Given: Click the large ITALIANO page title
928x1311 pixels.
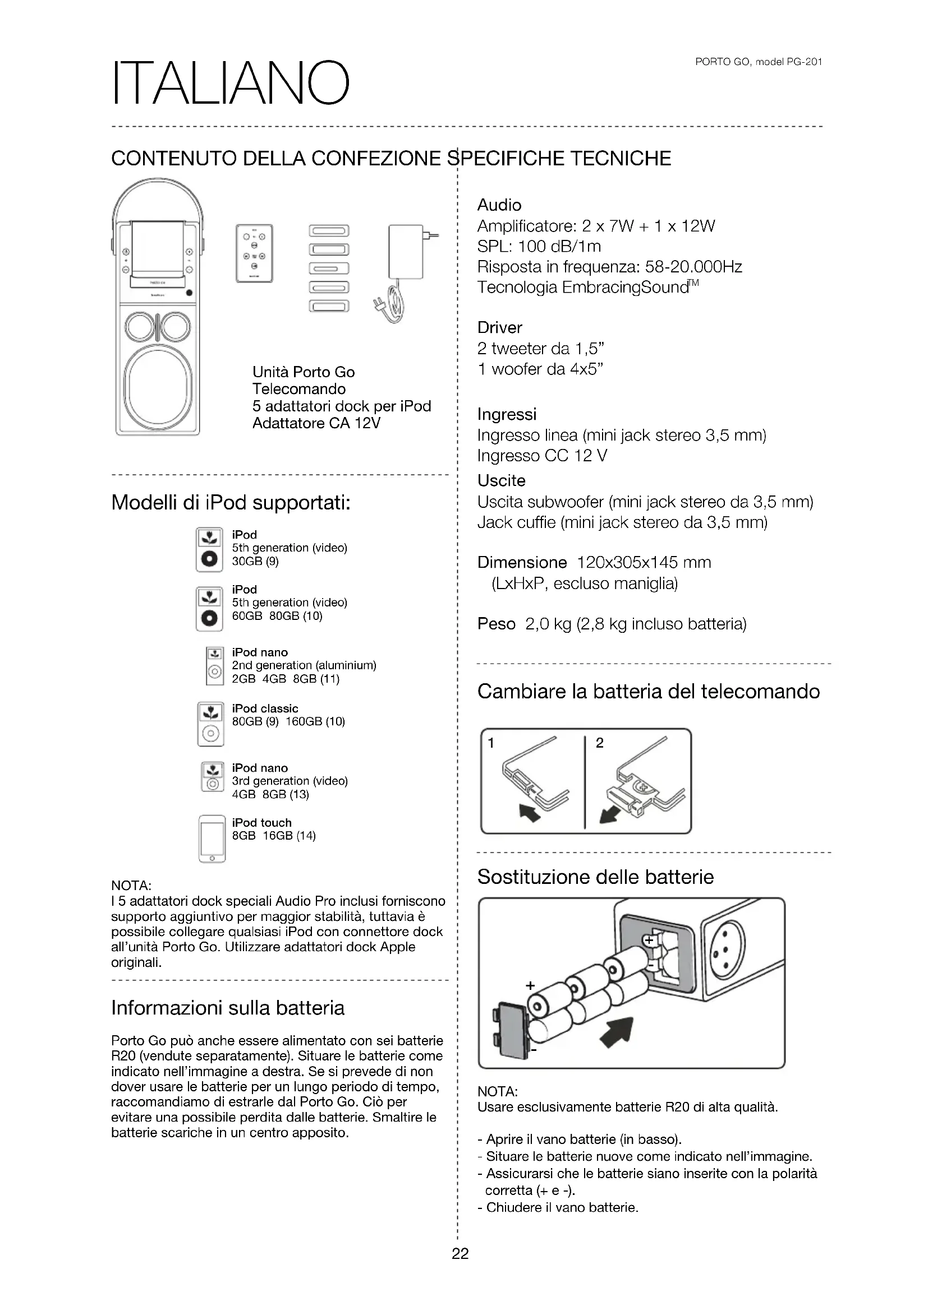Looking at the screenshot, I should pyautogui.click(x=230, y=84).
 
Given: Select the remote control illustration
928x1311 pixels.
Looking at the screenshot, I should pyautogui.click(x=254, y=253).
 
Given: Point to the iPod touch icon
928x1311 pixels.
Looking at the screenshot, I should pyautogui.click(x=212, y=839).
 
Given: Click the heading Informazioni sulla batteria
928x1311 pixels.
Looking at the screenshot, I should pyautogui.click(x=227, y=1008).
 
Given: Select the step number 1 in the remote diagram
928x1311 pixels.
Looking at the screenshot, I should pyautogui.click(x=491, y=743).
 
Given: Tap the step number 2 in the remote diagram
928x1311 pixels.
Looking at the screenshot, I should pyautogui.click(x=599, y=743).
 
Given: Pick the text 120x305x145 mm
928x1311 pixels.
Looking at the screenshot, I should pyautogui.click(x=644, y=563).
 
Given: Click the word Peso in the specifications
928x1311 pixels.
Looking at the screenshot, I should pyautogui.click(x=496, y=624).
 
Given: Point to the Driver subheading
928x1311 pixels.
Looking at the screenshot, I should pyautogui.click(x=499, y=328).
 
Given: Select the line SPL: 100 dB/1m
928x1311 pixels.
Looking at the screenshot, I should pyautogui.click(x=539, y=247).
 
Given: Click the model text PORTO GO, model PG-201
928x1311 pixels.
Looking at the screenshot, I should pyautogui.click(x=759, y=62).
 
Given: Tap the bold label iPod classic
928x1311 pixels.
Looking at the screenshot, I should pyautogui.click(x=265, y=708).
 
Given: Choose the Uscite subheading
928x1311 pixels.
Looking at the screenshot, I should pyautogui.click(x=501, y=481).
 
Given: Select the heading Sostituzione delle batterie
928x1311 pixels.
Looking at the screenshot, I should pyautogui.click(x=595, y=877).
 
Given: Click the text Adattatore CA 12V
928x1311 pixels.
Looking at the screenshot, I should pyautogui.click(x=316, y=423).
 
